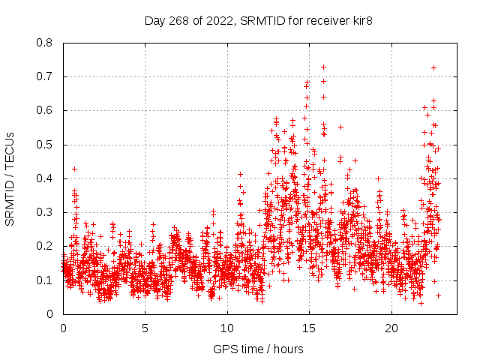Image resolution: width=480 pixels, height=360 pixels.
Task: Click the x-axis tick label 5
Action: (x=145, y=328)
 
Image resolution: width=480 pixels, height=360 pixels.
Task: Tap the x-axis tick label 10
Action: (x=227, y=328)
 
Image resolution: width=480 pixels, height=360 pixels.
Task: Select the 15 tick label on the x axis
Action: (x=309, y=328)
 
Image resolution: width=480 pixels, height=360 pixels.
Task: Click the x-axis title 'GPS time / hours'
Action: (x=258, y=349)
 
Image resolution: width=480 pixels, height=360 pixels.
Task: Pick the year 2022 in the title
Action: (x=222, y=20)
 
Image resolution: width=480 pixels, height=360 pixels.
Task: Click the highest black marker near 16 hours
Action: (x=323, y=67)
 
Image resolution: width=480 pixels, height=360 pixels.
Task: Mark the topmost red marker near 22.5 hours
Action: (x=433, y=67)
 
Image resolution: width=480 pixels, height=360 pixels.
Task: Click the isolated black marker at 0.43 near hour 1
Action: (x=74, y=169)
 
